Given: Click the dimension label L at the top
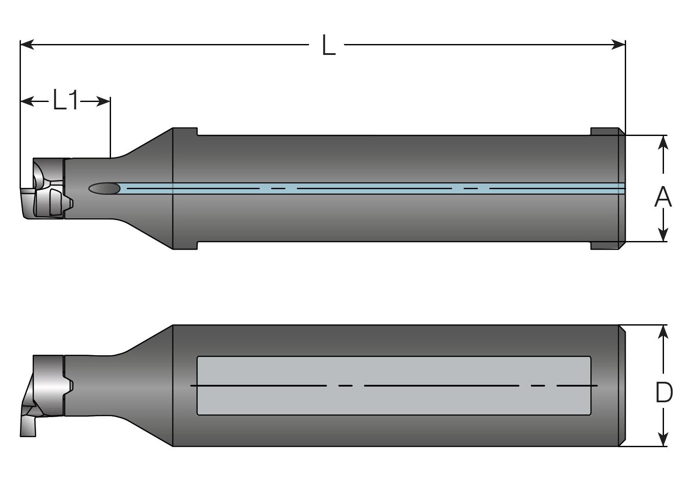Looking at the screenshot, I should pos(329,45).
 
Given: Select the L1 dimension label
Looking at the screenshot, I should pos(66,100).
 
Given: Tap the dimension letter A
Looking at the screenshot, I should pos(663,197).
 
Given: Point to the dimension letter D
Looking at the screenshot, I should pos(664,393).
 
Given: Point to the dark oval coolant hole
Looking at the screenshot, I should pos(104,188).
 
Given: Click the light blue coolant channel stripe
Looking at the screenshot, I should pos(348,188).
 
